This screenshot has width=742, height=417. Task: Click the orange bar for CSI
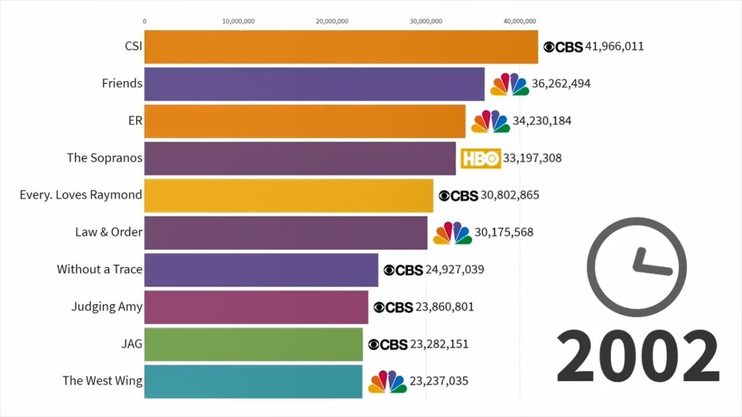341,47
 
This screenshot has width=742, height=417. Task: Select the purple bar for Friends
314,84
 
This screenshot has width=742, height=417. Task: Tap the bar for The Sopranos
300,158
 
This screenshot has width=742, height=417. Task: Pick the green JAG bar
254,344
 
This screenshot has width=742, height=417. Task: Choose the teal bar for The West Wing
253,381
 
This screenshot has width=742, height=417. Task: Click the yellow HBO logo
480,159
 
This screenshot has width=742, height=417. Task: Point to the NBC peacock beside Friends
510,85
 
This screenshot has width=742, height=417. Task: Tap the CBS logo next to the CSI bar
563,47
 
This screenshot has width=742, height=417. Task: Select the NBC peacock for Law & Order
452,233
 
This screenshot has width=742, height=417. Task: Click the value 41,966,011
615,46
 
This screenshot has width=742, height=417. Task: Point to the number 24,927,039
454,269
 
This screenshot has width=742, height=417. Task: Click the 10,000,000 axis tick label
238,21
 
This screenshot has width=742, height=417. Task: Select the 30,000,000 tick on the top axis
426,21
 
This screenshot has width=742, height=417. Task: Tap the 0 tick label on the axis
145,21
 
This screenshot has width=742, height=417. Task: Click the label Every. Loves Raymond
81,195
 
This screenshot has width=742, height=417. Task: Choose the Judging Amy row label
107,306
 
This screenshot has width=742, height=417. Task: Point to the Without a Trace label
100,269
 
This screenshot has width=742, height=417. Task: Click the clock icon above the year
636,264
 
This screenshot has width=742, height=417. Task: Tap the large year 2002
638,356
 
